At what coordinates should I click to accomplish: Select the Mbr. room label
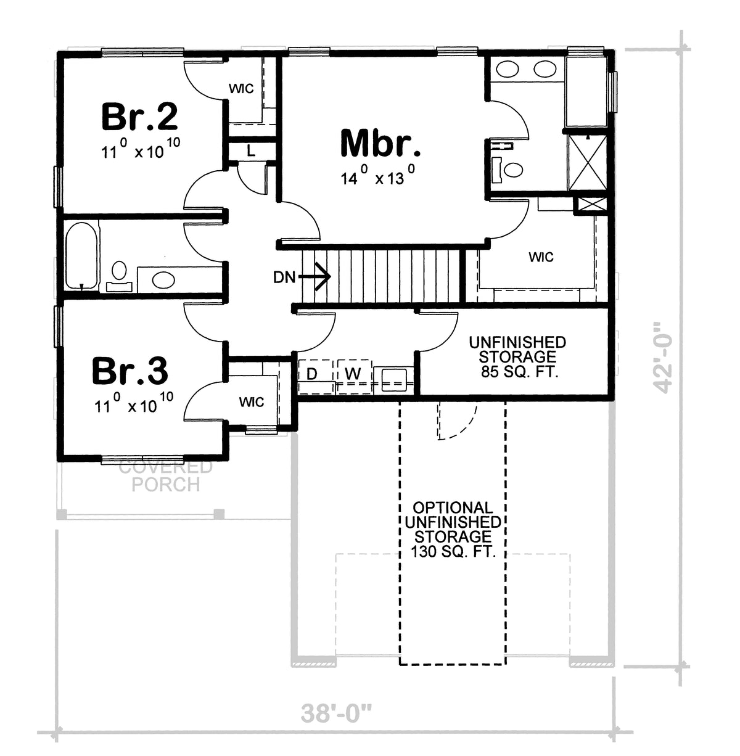pyautogui.click(x=380, y=143)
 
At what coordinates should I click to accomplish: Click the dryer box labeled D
pyautogui.click(x=312, y=374)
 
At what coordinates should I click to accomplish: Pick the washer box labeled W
pyautogui.click(x=352, y=374)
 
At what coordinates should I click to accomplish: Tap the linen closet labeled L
pyautogui.click(x=251, y=150)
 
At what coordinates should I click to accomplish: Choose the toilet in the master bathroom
pyautogui.click(x=508, y=168)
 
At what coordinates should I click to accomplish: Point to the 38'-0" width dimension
pyautogui.click(x=337, y=715)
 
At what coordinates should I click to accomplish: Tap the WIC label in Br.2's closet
pyautogui.click(x=241, y=89)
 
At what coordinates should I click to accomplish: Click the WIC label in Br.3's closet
pyautogui.click(x=252, y=402)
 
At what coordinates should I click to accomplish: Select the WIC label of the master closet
pyautogui.click(x=541, y=257)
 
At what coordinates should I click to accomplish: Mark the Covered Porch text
pyautogui.click(x=165, y=475)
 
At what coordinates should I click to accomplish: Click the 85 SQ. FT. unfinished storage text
pyautogui.click(x=517, y=372)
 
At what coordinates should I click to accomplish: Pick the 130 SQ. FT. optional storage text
pyautogui.click(x=453, y=551)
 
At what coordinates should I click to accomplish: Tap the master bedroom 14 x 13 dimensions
pyautogui.click(x=380, y=178)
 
